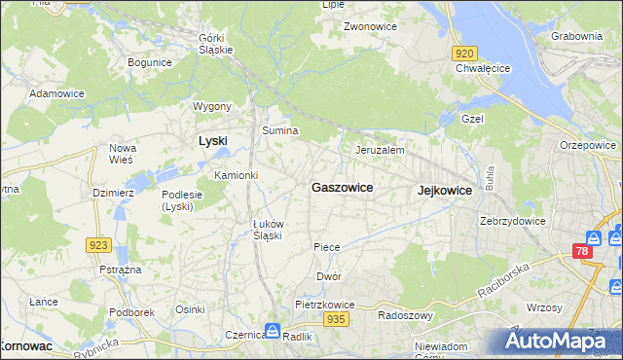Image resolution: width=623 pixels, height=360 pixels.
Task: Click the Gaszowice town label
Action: (x=341, y=187)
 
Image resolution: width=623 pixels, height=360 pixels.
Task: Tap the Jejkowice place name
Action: (x=444, y=191)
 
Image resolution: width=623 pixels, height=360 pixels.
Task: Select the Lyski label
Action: (x=212, y=141)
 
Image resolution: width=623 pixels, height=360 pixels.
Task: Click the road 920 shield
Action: (x=464, y=54)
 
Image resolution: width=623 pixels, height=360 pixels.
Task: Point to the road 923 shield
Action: (x=97, y=245)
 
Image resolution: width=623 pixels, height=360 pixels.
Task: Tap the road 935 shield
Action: (x=337, y=319)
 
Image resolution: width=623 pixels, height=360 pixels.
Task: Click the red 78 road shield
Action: (x=582, y=252)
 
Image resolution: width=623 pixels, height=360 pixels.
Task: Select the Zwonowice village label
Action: (x=369, y=26)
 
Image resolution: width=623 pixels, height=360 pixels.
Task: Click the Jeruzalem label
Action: (x=380, y=151)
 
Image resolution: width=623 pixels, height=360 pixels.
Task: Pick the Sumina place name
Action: (x=279, y=130)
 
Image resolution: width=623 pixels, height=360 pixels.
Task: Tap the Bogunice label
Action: (x=150, y=62)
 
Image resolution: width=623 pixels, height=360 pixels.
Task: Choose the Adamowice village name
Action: (x=55, y=93)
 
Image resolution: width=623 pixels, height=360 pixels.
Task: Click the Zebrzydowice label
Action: (x=512, y=221)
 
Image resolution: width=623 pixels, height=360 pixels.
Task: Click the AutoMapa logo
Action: (x=555, y=341)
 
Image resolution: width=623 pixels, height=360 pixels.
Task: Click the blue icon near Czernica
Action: (x=273, y=331)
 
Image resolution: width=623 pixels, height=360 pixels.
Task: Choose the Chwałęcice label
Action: (x=483, y=69)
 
